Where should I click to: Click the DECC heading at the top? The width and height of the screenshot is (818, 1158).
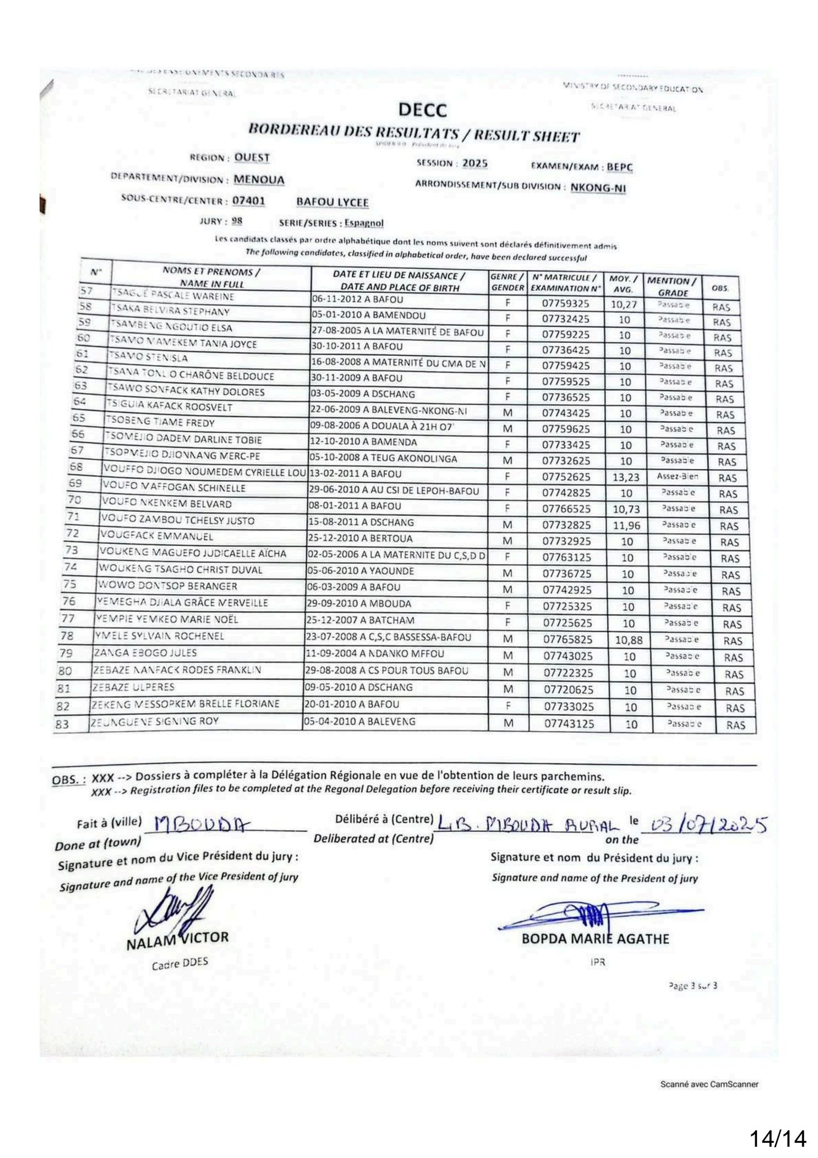click(x=422, y=110)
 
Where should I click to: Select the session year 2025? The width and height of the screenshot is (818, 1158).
click(x=474, y=163)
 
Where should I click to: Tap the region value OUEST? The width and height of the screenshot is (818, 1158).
click(x=252, y=158)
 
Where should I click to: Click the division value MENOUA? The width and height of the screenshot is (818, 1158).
click(x=259, y=180)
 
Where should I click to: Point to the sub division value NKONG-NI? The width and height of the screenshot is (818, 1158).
click(x=598, y=187)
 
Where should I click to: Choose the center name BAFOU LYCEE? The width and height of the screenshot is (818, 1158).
click(x=332, y=202)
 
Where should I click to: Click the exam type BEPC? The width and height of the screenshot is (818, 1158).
click(x=620, y=167)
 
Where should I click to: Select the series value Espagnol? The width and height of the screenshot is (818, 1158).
click(x=364, y=223)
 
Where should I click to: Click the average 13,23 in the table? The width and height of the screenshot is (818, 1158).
click(x=626, y=477)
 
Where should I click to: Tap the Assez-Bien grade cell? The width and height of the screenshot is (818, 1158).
click(x=677, y=477)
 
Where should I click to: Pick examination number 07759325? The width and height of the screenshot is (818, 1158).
click(x=565, y=304)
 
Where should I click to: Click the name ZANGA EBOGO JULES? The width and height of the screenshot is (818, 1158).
click(x=145, y=653)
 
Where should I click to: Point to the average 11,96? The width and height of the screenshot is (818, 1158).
click(x=626, y=525)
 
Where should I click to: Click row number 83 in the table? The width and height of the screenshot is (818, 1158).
click(x=63, y=724)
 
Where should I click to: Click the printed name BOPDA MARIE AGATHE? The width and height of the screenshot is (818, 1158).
click(x=595, y=939)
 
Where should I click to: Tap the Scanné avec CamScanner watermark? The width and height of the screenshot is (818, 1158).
click(x=709, y=1084)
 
